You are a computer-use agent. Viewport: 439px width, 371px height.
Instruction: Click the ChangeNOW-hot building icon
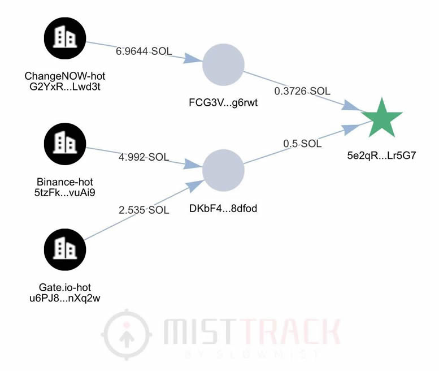[65, 38]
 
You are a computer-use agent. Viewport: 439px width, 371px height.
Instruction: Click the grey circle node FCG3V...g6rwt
[223, 66]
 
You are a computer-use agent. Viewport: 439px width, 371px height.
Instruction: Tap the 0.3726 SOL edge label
[302, 91]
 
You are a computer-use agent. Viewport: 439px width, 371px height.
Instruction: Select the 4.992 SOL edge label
[144, 157]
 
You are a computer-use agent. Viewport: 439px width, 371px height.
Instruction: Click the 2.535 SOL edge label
[144, 210]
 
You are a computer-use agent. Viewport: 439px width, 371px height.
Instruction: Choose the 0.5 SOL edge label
[302, 144]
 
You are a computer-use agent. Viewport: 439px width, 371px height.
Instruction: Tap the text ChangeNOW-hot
[65, 76]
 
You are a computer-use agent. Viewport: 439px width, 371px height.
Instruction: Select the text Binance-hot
[65, 182]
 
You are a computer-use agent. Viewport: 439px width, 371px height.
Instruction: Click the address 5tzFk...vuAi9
[65, 193]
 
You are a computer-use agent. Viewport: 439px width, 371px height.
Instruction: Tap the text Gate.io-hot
[65, 287]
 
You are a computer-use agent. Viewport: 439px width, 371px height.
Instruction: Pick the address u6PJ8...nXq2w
[65, 298]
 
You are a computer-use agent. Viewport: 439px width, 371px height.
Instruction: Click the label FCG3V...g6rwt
[223, 103]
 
